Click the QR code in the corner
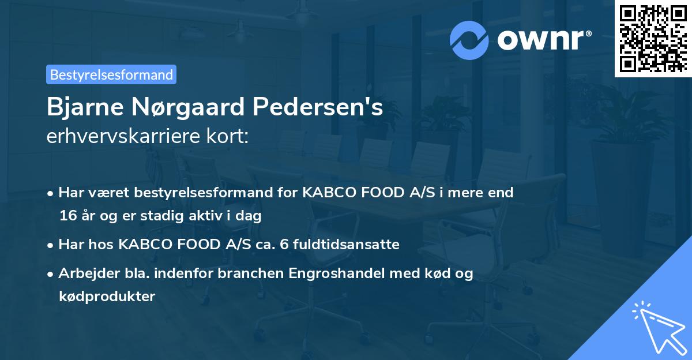(652, 39)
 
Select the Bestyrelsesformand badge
(111, 74)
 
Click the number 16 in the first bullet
(66, 216)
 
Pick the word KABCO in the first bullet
(328, 192)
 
